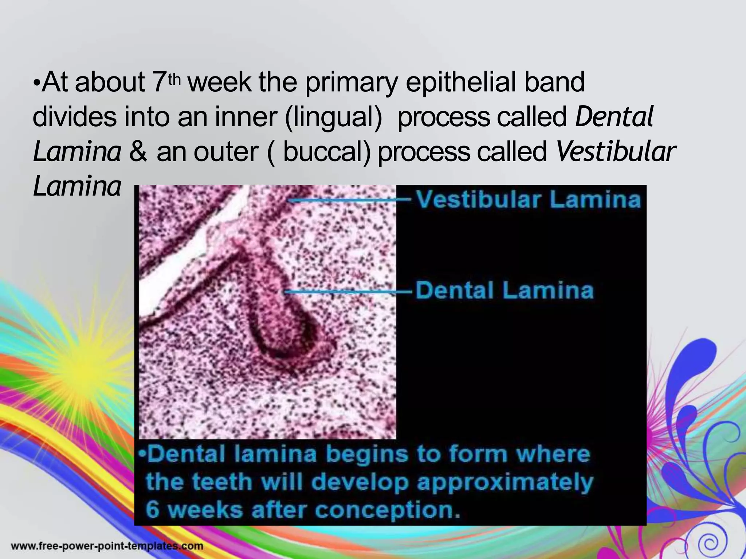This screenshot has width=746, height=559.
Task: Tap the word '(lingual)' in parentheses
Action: [333, 117]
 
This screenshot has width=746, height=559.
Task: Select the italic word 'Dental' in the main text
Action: [614, 117]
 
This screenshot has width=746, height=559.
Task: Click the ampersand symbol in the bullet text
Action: [138, 152]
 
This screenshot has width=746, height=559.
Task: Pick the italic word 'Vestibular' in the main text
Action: [616, 151]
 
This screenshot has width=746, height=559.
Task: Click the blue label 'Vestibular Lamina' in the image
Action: [528, 200]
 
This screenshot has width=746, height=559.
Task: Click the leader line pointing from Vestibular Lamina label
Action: [350, 200]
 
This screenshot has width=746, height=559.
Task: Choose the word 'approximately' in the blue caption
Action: [505, 483]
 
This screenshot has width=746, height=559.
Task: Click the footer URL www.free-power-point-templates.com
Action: [107, 546]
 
